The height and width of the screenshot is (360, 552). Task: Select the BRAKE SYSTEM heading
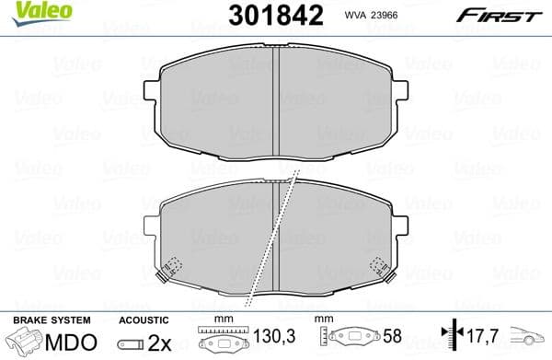(x=51, y=320)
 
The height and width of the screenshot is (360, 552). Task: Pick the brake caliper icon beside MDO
(x=27, y=343)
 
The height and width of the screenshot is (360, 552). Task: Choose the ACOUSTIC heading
(x=144, y=320)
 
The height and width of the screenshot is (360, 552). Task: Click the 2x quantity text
(x=159, y=343)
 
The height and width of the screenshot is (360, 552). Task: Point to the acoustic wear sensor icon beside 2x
(x=131, y=343)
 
